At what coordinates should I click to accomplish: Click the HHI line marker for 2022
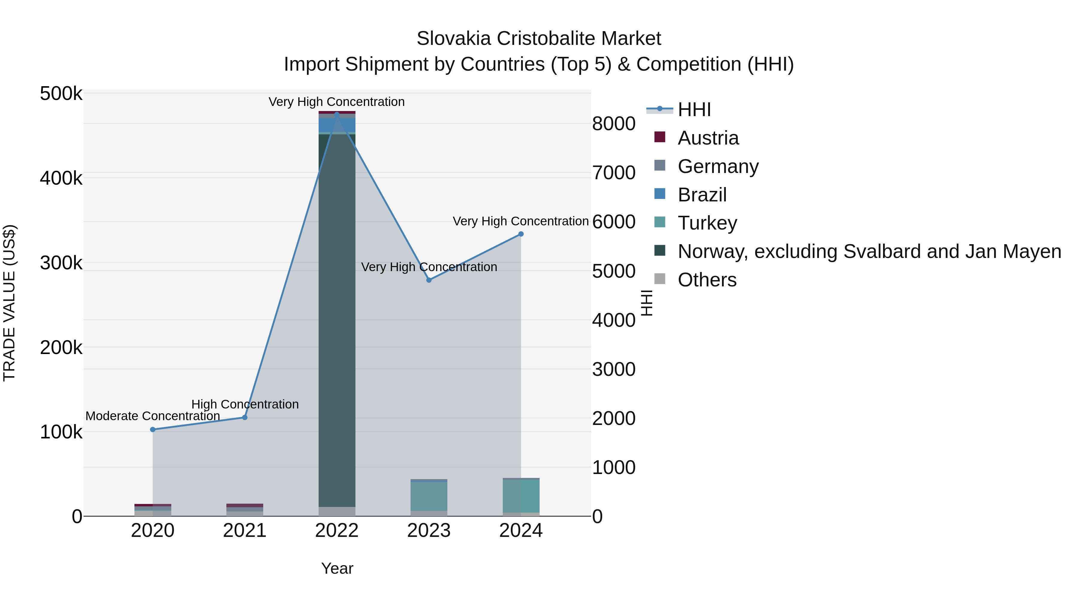tap(337, 114)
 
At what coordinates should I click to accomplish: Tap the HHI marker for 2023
tap(429, 280)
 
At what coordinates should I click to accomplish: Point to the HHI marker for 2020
tap(153, 429)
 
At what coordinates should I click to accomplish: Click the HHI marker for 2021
tap(245, 417)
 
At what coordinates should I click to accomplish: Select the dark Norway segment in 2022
tap(337, 318)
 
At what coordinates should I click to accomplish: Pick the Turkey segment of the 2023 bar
tap(429, 496)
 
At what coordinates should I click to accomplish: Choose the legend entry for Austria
tap(708, 138)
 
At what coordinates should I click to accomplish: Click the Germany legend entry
tap(718, 166)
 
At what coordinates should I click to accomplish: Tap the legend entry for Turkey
tap(707, 223)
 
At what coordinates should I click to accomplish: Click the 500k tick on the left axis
tap(61, 94)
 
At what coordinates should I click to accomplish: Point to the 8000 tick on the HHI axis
tap(614, 124)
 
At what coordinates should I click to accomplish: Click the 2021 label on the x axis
tap(245, 531)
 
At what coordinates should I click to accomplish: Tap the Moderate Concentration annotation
tap(153, 416)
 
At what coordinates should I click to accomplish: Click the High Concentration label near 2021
tap(245, 404)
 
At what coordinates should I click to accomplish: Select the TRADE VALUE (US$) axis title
tap(9, 303)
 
